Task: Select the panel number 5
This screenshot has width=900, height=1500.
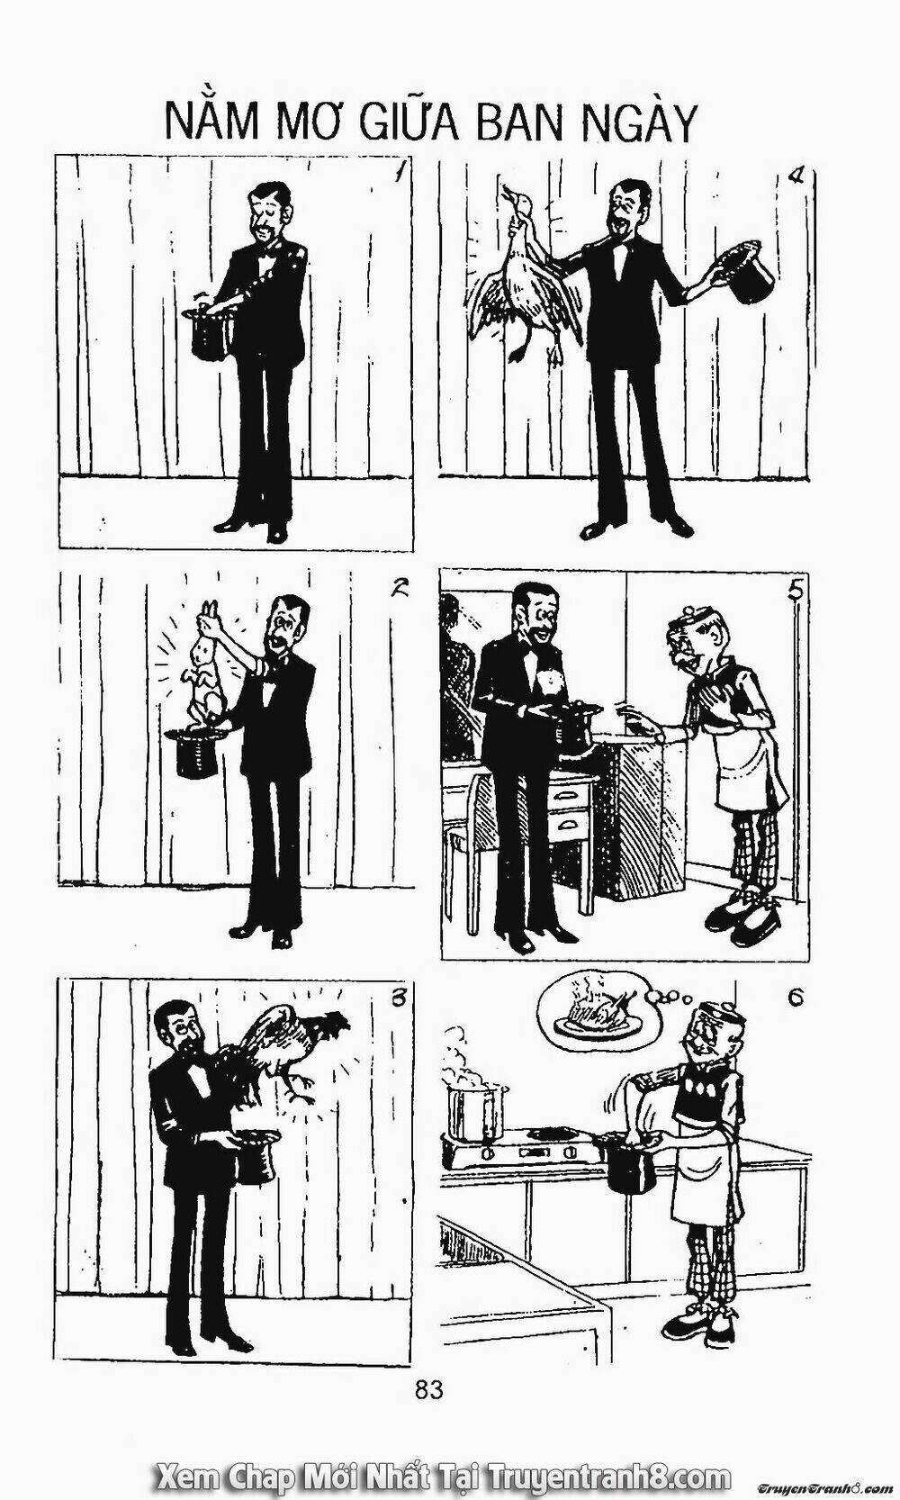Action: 794,590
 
